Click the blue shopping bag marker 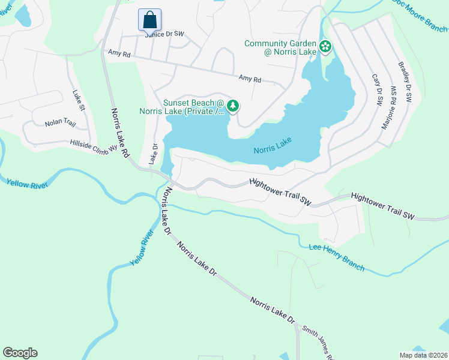(149, 20)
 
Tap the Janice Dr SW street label (163, 34)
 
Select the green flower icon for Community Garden (325, 46)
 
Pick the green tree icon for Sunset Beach (233, 106)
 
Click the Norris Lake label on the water (272, 145)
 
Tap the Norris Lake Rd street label (120, 133)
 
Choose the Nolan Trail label (60, 123)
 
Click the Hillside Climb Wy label (90, 146)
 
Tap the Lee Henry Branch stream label (336, 257)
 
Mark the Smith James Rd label (318, 340)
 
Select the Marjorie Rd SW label (390, 108)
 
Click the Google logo (20, 353)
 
